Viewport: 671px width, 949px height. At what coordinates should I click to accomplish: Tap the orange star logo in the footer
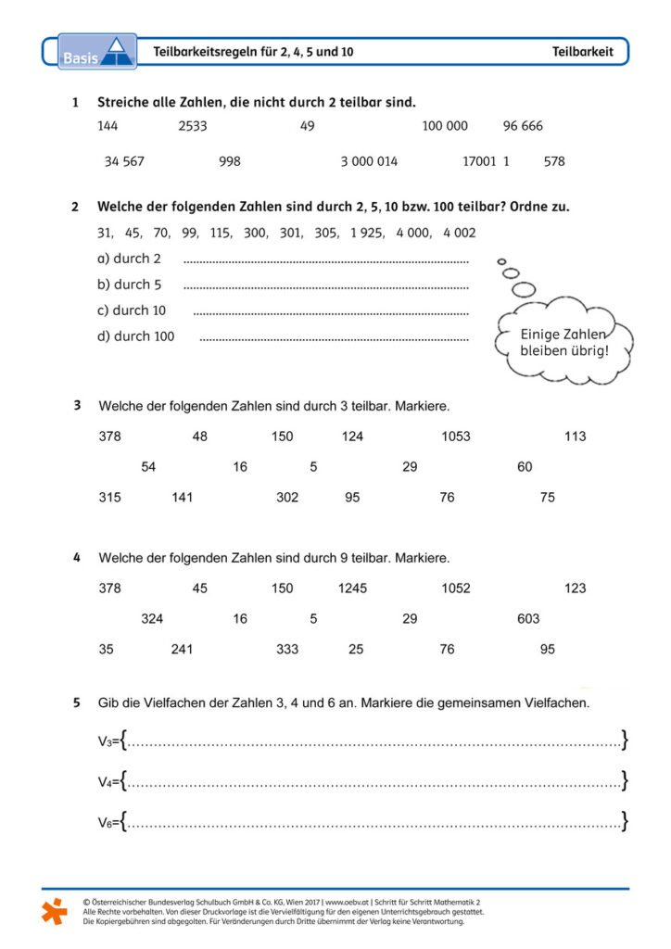(55, 910)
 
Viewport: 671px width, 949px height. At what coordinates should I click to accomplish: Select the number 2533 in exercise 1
(193, 126)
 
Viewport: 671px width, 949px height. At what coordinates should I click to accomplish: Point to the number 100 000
(445, 126)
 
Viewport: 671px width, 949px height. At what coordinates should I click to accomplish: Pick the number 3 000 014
(369, 161)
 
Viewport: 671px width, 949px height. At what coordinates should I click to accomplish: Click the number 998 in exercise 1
(230, 161)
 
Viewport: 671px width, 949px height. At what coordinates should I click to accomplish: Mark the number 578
(554, 161)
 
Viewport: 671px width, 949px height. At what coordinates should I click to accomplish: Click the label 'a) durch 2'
(129, 259)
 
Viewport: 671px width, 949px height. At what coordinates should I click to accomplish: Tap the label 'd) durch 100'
(135, 336)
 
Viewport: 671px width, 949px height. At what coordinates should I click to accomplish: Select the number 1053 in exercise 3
(456, 437)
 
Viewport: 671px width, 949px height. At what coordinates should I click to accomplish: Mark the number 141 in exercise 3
(183, 498)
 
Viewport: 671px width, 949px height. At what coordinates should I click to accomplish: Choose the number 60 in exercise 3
(525, 467)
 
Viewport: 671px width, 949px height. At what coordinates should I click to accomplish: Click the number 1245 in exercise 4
(352, 588)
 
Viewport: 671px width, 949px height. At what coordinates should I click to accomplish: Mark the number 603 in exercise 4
(528, 619)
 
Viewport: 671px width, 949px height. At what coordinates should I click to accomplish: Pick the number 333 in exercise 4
(287, 650)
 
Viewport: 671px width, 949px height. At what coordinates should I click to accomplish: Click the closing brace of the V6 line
(626, 821)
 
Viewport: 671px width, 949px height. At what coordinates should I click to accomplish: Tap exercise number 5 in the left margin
(76, 703)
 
